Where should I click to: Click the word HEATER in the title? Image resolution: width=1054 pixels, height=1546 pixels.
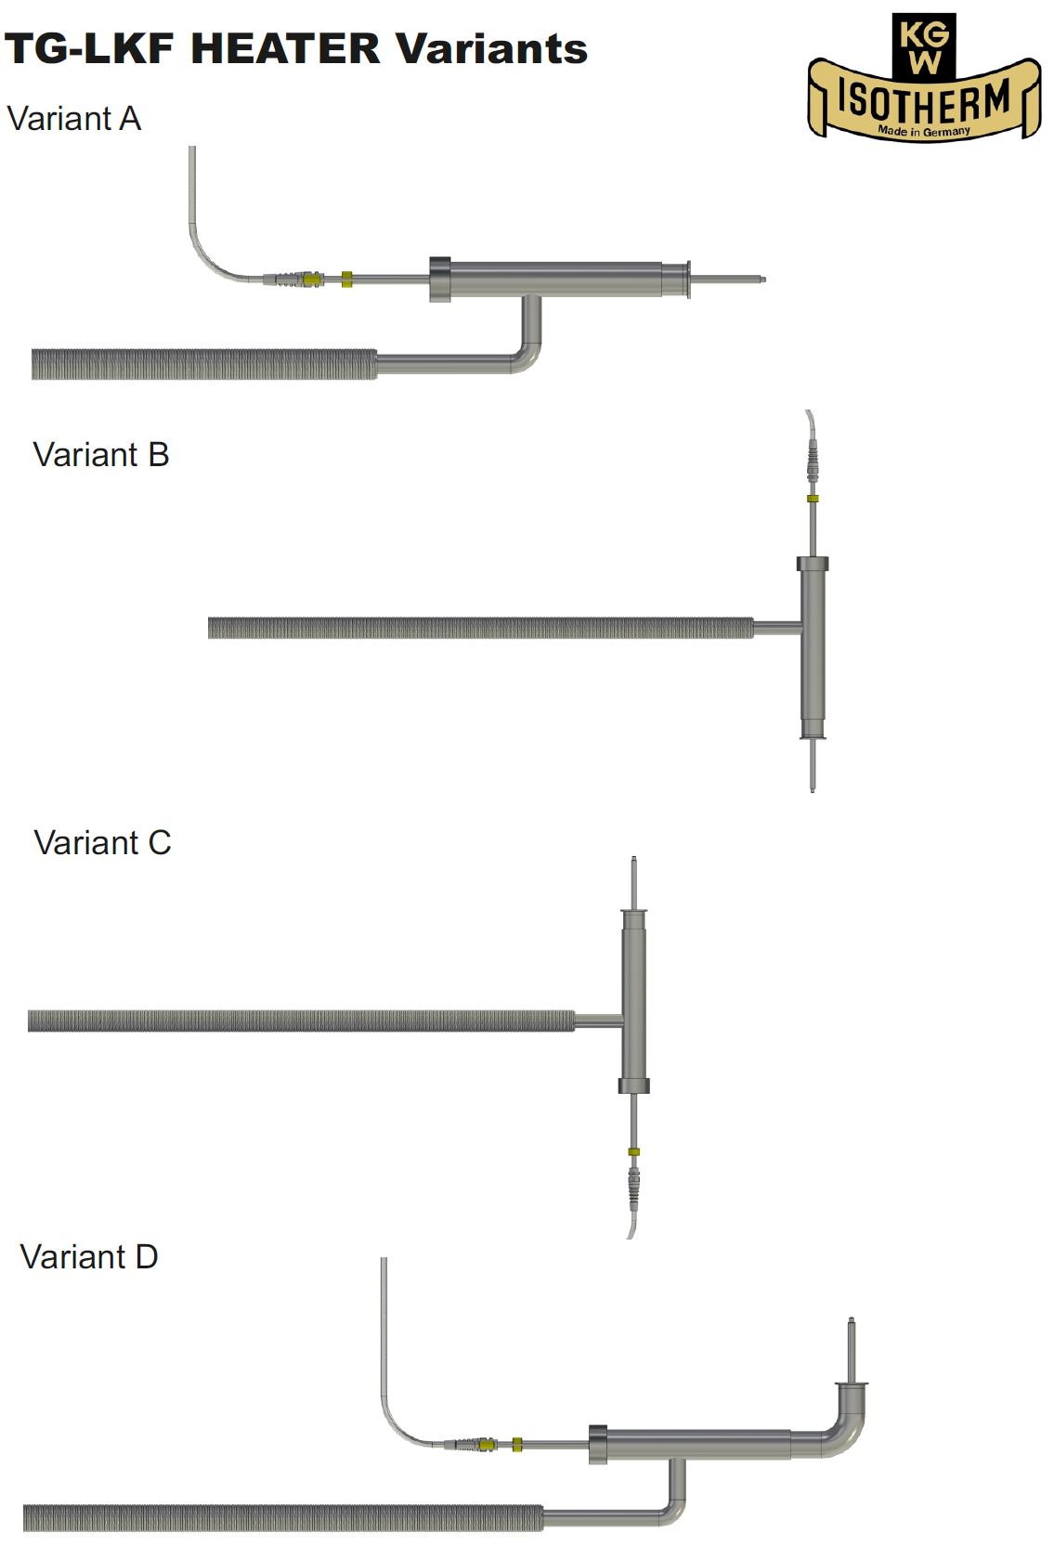click(286, 48)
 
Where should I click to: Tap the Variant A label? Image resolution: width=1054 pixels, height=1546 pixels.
click(74, 119)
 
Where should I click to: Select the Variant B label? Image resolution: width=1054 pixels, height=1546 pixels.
click(101, 455)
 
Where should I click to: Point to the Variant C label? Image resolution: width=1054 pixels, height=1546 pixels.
click(102, 843)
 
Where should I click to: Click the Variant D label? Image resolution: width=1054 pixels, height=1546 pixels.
click(89, 1257)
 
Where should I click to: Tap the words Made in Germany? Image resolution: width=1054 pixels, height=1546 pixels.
click(924, 132)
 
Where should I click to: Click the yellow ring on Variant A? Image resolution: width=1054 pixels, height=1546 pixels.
click(346, 279)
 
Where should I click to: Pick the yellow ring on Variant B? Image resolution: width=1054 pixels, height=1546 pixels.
click(813, 499)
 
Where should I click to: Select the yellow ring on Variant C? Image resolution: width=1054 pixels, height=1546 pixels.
click(633, 1152)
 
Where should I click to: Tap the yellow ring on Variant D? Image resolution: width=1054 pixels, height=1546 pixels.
click(517, 1444)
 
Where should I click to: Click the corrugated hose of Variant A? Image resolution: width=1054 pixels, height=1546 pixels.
click(204, 364)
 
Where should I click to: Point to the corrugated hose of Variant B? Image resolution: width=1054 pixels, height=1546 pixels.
click(480, 628)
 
